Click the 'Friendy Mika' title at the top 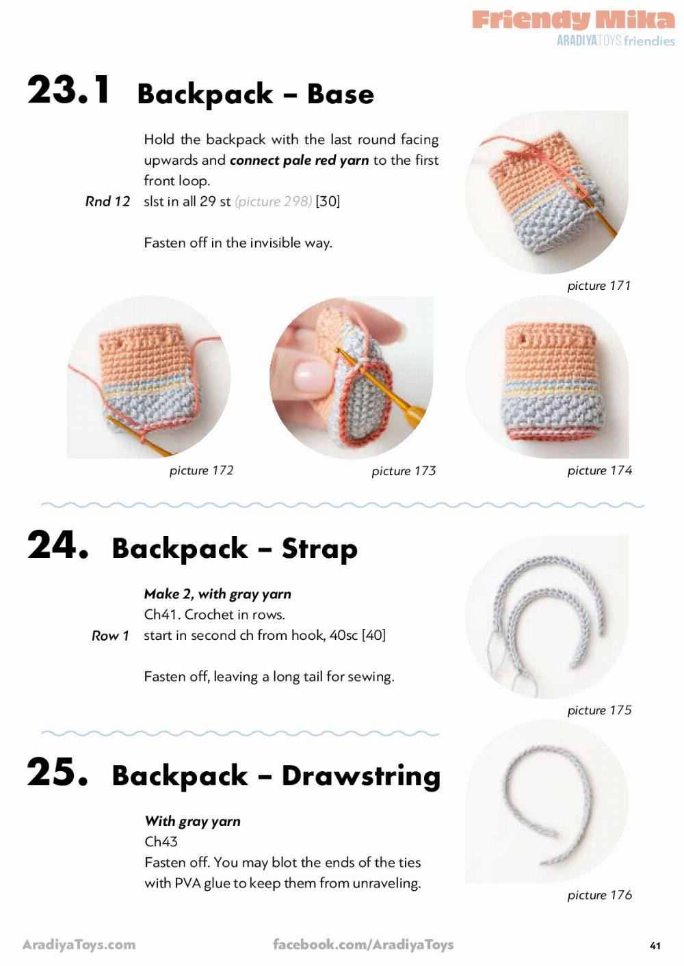pyautogui.click(x=573, y=20)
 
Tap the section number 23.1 pyautogui.click(x=68, y=90)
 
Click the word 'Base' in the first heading pyautogui.click(x=341, y=94)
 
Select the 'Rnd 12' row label pyautogui.click(x=107, y=202)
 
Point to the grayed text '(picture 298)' pyautogui.click(x=273, y=202)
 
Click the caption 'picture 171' pyautogui.click(x=599, y=286)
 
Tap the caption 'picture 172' pyautogui.click(x=201, y=470)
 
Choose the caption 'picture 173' pyautogui.click(x=404, y=471)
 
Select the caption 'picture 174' pyautogui.click(x=599, y=470)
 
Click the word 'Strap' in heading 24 pyautogui.click(x=320, y=548)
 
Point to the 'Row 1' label pyautogui.click(x=110, y=636)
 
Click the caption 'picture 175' pyautogui.click(x=599, y=710)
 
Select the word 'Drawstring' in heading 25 pyautogui.click(x=361, y=776)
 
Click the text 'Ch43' pyautogui.click(x=161, y=842)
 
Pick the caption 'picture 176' pyautogui.click(x=599, y=895)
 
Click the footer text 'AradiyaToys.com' pyautogui.click(x=79, y=944)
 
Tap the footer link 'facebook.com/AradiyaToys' pyautogui.click(x=363, y=944)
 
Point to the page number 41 pyautogui.click(x=655, y=945)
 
